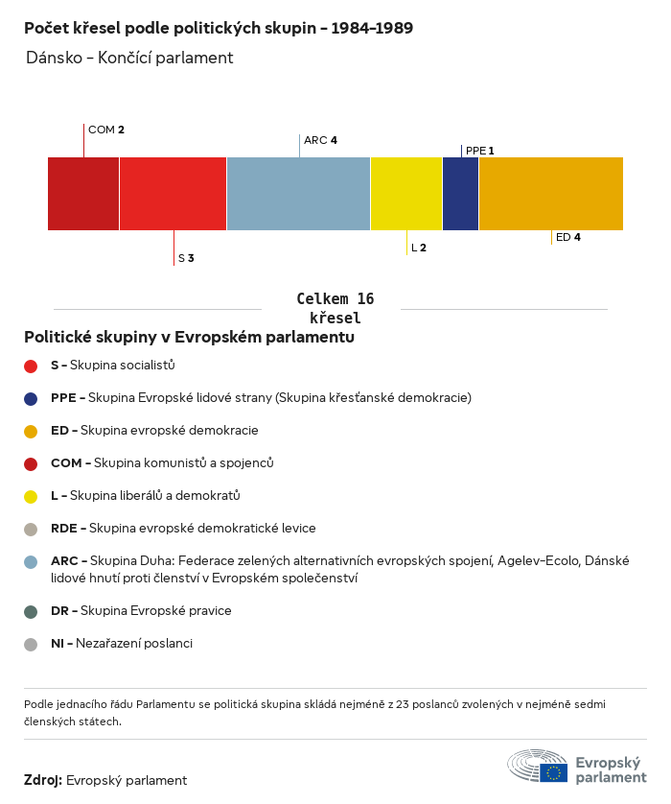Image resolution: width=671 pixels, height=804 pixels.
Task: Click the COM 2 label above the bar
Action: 106,130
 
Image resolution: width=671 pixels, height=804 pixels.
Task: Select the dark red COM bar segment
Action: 83,194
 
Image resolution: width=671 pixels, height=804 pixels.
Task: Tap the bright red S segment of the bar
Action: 173,194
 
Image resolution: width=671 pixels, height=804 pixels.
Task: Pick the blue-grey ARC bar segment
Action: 298,194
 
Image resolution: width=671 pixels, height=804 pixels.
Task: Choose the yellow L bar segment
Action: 406,194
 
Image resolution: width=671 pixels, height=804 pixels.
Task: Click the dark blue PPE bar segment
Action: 460,194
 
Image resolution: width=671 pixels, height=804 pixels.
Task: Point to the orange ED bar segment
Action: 550,194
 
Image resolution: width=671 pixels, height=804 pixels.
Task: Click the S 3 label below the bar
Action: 186,258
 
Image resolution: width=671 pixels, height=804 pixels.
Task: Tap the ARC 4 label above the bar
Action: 320,140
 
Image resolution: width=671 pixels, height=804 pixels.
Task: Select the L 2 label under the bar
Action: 419,248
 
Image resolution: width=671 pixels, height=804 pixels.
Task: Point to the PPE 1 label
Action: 479,151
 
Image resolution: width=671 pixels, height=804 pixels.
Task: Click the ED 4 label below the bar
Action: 568,237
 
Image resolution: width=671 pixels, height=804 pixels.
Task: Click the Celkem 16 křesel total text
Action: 335,309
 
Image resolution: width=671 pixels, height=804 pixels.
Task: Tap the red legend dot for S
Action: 31,366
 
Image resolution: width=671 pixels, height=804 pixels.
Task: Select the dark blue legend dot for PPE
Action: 31,398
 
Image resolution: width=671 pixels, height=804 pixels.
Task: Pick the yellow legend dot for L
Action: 31,496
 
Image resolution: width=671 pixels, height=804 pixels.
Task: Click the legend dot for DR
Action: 31,611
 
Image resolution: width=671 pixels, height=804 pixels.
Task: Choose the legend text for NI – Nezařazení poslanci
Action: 122,644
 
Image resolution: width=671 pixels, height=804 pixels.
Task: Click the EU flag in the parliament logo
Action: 553,771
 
